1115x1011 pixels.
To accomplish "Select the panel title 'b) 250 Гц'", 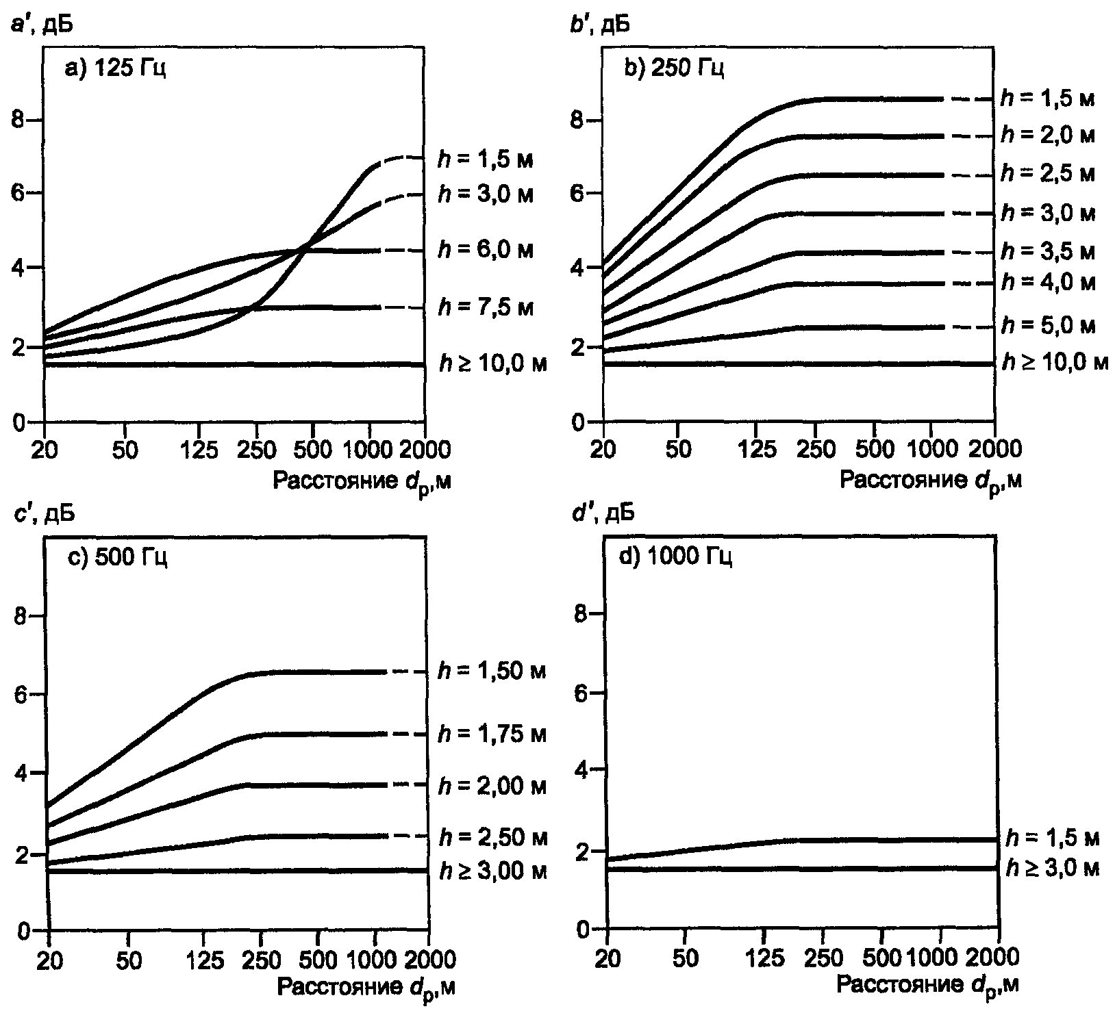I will [674, 68].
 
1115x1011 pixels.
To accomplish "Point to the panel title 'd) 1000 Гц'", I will [675, 558].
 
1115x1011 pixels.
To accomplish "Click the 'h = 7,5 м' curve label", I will [485, 308].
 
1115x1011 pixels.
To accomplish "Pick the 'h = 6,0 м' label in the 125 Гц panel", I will [485, 250].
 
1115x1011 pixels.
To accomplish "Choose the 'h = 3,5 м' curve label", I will [1047, 251].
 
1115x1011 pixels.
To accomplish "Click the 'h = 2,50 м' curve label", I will [491, 836].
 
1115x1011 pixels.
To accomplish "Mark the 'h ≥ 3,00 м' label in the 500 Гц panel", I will [492, 871].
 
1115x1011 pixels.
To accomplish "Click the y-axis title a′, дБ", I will [42, 26].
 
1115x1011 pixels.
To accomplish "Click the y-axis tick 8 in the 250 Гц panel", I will [577, 120].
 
